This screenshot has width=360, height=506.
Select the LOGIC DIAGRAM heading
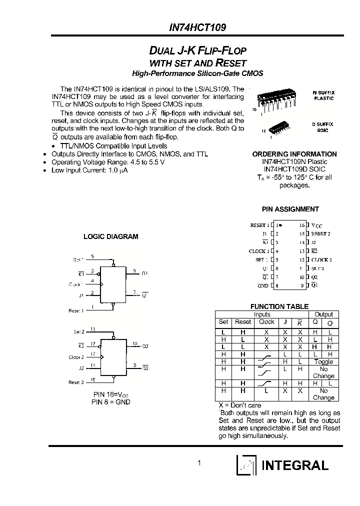(x=110, y=236)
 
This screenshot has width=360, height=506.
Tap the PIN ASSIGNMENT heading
(x=290, y=209)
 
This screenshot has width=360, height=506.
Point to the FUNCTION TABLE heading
(x=279, y=306)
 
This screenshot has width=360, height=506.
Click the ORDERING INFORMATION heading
(x=294, y=154)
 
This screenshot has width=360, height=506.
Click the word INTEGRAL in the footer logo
(x=295, y=465)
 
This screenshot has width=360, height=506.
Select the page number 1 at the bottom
(x=199, y=463)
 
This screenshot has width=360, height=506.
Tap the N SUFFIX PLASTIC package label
(x=323, y=95)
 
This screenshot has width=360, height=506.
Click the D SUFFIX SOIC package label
(x=323, y=126)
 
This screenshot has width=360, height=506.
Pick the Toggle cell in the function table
(x=323, y=361)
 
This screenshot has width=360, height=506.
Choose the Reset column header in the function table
(x=243, y=322)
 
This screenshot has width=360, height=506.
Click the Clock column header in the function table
(x=266, y=322)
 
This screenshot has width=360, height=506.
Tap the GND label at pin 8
(x=262, y=285)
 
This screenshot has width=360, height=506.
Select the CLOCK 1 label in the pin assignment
(x=259, y=251)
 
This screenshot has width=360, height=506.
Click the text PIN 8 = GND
(x=110, y=401)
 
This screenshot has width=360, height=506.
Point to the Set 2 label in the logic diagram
(x=78, y=331)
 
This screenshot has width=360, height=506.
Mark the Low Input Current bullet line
(x=89, y=170)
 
